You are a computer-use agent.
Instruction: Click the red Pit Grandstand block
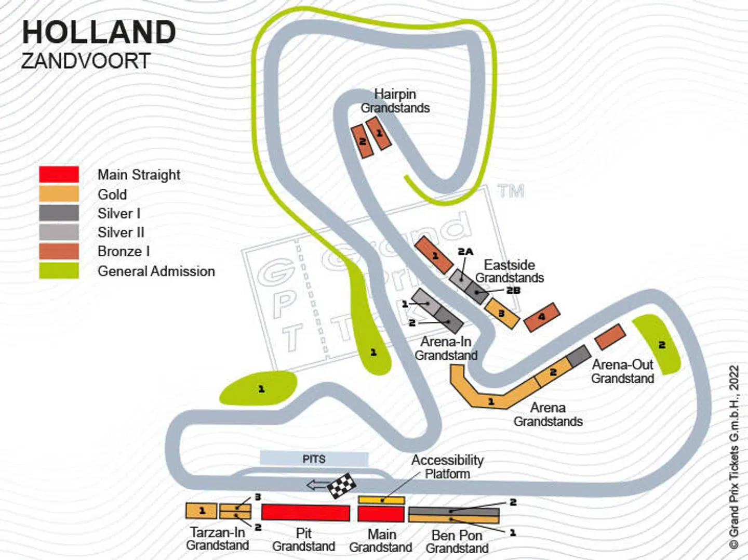305,513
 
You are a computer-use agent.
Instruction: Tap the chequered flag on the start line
341,486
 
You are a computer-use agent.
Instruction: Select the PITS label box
314,459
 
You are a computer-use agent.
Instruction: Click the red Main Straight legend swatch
59,174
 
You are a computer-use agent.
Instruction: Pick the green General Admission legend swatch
59,270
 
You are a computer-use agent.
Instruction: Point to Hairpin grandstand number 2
363,141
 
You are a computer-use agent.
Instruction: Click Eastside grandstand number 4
542,317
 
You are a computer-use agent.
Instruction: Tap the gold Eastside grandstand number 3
502,313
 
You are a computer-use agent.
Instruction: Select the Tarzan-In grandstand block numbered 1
202,511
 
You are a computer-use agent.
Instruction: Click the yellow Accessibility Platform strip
381,500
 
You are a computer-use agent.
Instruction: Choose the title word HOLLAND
99,32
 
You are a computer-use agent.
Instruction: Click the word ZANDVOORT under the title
86,61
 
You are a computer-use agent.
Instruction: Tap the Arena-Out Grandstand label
622,371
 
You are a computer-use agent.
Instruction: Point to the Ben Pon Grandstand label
457,541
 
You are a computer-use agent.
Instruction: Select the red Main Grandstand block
381,514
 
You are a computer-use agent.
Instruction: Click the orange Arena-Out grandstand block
609,337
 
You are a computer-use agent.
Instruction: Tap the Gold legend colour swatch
59,193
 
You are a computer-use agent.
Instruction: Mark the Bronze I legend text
124,251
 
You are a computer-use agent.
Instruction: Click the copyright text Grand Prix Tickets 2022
733,458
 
